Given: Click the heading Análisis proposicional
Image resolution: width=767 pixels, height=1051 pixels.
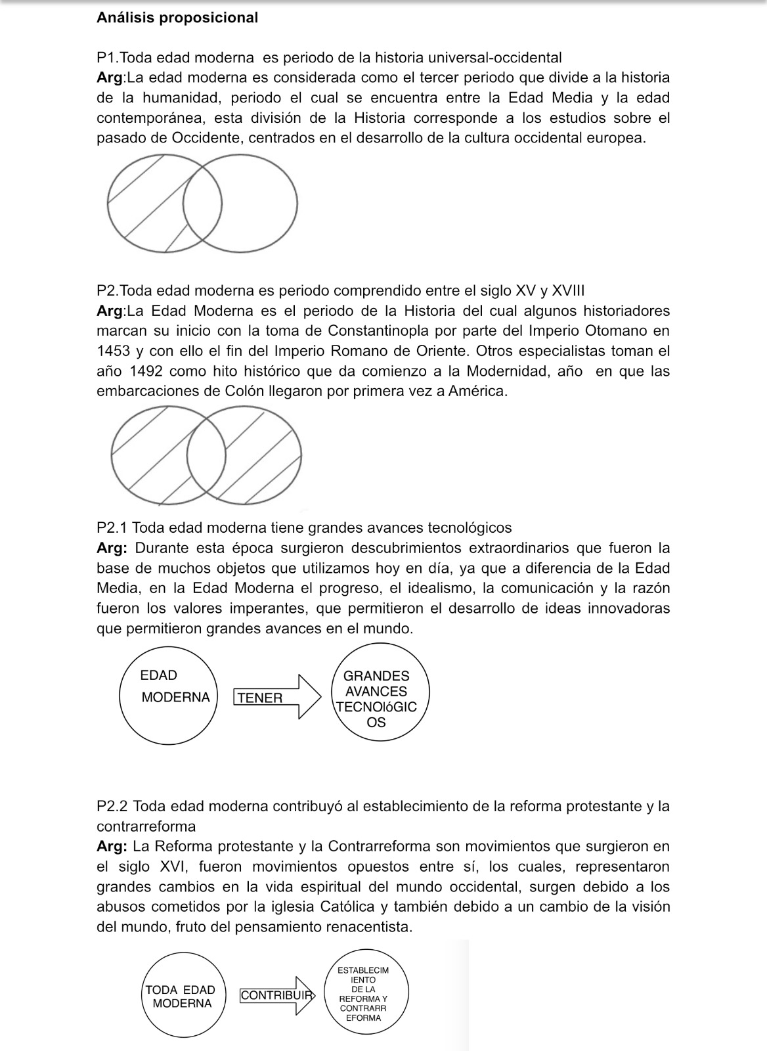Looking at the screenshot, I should (x=177, y=18).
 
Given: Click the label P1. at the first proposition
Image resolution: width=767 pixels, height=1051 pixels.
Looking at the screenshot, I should (x=108, y=58).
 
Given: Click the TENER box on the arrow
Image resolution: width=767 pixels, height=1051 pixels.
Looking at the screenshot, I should (x=260, y=698).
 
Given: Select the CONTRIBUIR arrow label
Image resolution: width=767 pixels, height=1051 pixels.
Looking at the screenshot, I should (x=275, y=995).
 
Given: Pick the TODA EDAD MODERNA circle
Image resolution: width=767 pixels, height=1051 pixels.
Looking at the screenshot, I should (x=181, y=996).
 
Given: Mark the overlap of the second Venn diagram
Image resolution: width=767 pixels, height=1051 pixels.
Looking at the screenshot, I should (x=207, y=455).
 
